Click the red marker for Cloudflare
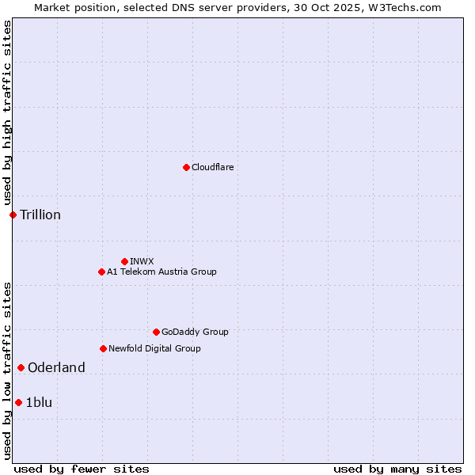(186, 167)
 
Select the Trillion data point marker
(13, 215)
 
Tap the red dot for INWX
(124, 261)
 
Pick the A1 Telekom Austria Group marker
(101, 272)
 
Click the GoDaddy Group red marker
(156, 332)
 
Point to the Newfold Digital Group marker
(103, 348)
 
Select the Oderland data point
(21, 367)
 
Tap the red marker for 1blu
(18, 402)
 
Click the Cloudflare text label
(212, 167)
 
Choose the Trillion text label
(40, 215)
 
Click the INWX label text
(142, 261)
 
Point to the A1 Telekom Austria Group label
(161, 272)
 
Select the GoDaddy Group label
(195, 332)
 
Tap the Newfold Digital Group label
(154, 348)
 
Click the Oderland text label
(56, 367)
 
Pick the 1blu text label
(39, 402)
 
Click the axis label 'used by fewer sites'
(82, 469)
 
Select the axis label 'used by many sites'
(397, 469)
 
